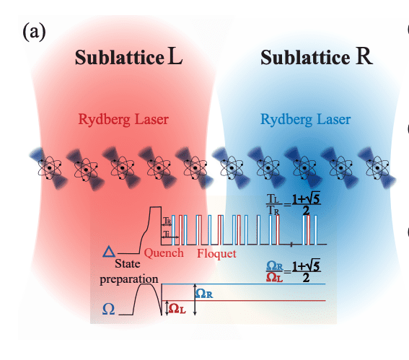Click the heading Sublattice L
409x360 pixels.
coord(129,57)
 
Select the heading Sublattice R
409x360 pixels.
coord(317,57)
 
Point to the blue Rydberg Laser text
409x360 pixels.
coord(306,119)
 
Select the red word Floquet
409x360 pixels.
coord(216,253)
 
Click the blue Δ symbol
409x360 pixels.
coord(109,251)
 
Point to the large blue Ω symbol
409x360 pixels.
coord(109,308)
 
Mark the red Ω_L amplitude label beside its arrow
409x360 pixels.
coord(178,308)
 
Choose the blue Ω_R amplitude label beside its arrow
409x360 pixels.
coord(206,293)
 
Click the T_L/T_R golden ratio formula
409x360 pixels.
coord(295,203)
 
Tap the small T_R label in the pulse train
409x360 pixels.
coord(167,220)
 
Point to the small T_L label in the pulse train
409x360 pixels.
coord(167,234)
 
